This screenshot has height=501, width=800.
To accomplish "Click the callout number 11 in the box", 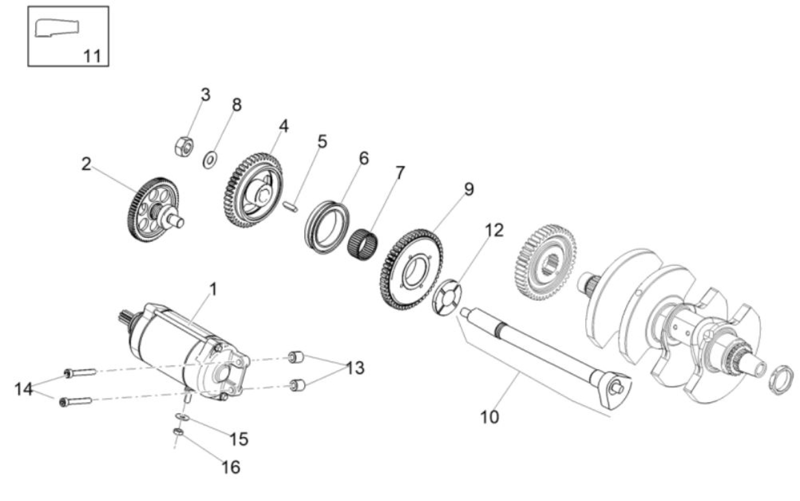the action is pyautogui.click(x=92, y=56).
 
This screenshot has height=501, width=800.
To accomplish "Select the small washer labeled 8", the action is pyautogui.click(x=210, y=160).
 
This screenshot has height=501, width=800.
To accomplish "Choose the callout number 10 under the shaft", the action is pyautogui.click(x=489, y=417).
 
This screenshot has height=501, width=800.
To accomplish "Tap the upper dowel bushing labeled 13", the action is pyautogui.click(x=296, y=358).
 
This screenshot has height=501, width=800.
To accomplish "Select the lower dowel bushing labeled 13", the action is pyautogui.click(x=297, y=385).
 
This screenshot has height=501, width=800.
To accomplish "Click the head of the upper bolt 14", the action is pyautogui.click(x=68, y=373).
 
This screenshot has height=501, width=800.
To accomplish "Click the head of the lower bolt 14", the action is pyautogui.click(x=64, y=402).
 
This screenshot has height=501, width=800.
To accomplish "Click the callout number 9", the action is pyautogui.click(x=469, y=189).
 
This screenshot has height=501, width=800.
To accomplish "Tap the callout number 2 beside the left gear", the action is pyautogui.click(x=86, y=164).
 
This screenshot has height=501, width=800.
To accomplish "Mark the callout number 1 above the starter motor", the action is pyautogui.click(x=213, y=290).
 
